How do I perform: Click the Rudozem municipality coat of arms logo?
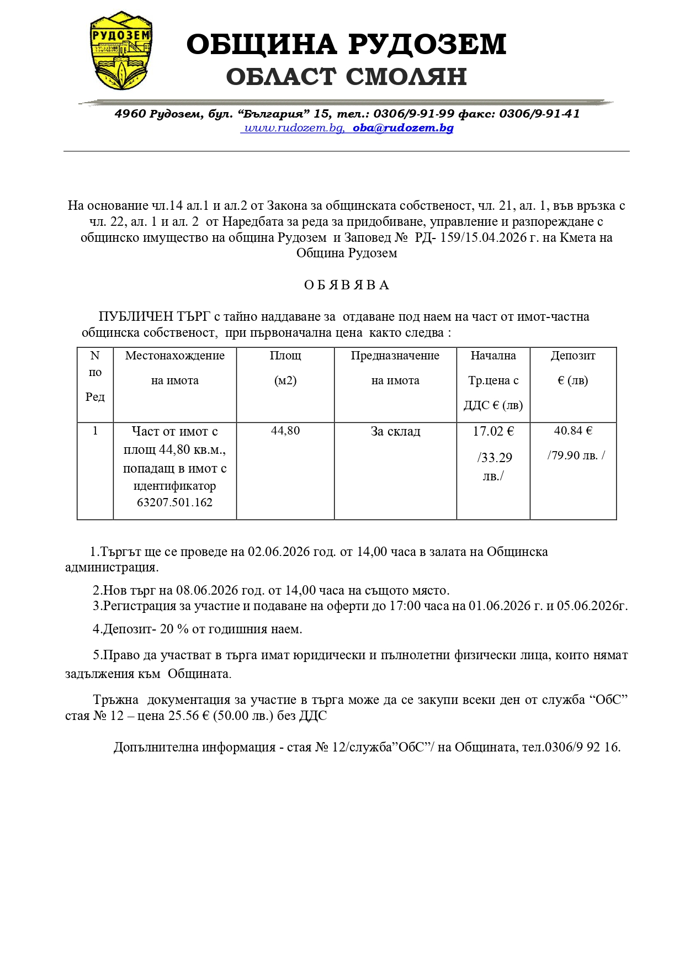click(121, 50)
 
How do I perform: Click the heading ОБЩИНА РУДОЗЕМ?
click(346, 44)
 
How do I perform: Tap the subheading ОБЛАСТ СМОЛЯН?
click(346, 77)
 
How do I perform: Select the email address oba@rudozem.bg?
click(403, 128)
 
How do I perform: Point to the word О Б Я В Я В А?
click(346, 285)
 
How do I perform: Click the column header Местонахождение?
click(174, 356)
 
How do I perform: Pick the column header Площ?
click(285, 356)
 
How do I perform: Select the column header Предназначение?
click(395, 356)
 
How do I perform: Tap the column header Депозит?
click(573, 356)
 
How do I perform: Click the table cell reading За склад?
click(395, 431)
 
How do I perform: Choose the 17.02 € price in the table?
click(493, 431)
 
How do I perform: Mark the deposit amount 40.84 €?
click(573, 431)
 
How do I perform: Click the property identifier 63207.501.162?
click(174, 502)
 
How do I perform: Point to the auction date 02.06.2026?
click(275, 552)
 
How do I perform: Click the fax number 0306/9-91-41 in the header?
click(539, 114)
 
